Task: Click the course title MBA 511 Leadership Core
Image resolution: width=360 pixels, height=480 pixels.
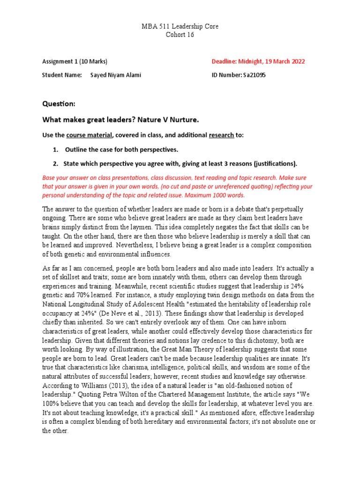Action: pyautogui.click(x=180, y=27)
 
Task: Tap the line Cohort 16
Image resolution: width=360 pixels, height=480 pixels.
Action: pyautogui.click(x=180, y=35)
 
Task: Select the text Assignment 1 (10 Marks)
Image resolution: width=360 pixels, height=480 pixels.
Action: pyautogui.click(x=75, y=61)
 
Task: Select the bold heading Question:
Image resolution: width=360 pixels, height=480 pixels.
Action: pyautogui.click(x=59, y=103)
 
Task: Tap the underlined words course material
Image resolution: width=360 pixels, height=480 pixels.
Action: pyautogui.click(x=89, y=135)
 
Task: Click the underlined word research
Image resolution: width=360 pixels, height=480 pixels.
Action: pyautogui.click(x=221, y=135)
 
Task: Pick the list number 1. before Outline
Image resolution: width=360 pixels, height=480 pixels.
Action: pyautogui.click(x=55, y=150)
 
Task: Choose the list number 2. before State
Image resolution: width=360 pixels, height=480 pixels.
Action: pyautogui.click(x=55, y=164)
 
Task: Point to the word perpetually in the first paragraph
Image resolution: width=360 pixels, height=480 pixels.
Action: pyautogui.click(x=283, y=209)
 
